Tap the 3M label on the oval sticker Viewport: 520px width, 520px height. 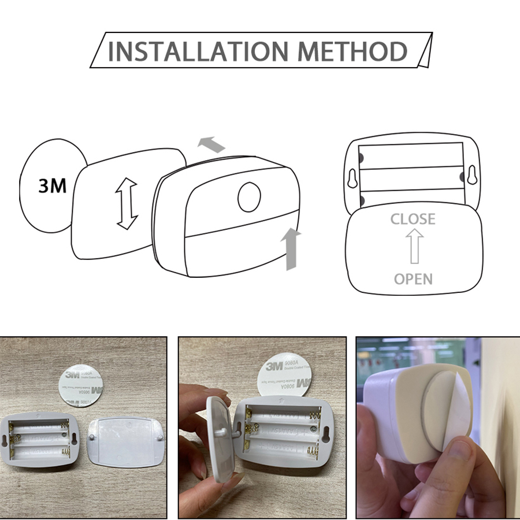click(x=52, y=186)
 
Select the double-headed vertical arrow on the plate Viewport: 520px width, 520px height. click(x=127, y=204)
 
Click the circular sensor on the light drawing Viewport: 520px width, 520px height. click(x=249, y=197)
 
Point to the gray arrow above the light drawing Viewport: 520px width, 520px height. click(x=211, y=144)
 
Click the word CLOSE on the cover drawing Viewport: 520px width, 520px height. click(x=413, y=219)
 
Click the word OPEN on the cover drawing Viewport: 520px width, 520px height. click(x=413, y=279)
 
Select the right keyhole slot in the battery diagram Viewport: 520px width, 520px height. click(x=473, y=176)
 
